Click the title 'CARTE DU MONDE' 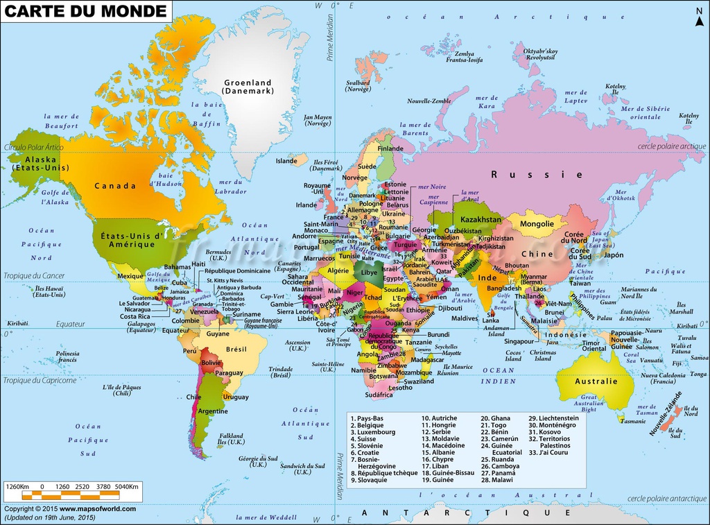point(87,12)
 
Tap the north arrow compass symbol point(699,15)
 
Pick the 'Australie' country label point(596,381)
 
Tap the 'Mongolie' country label point(537,224)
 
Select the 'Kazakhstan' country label point(480,219)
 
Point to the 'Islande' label point(286,161)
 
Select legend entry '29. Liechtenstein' point(553,418)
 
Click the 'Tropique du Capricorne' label point(39,380)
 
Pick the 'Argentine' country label point(212,411)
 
